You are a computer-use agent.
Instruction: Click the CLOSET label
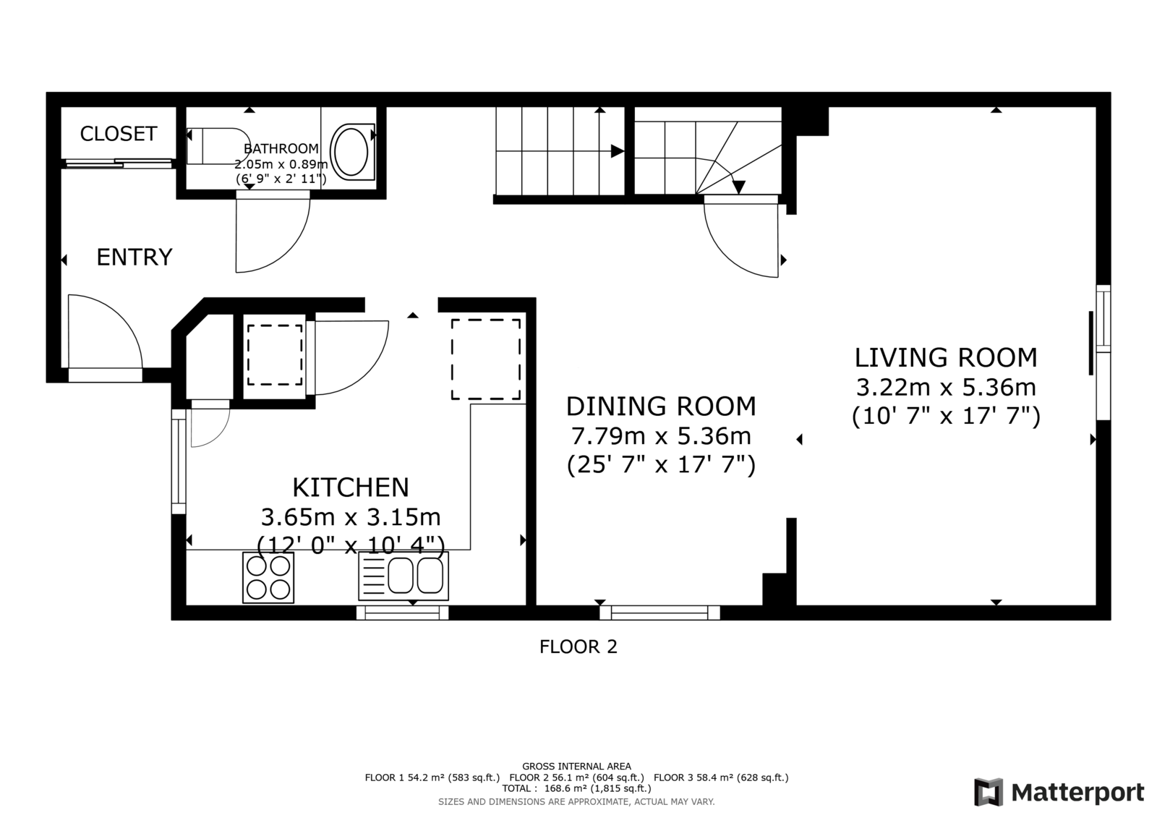coord(119,134)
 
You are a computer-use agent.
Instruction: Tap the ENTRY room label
coord(135,257)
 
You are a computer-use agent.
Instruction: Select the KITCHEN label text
coord(351,487)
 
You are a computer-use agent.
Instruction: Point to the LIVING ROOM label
coord(946,357)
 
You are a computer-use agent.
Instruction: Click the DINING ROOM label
coord(661,406)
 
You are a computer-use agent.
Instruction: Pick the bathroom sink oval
coord(351,152)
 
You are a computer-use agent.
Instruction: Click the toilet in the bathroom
coord(218,145)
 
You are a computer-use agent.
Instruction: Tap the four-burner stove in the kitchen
coord(268,577)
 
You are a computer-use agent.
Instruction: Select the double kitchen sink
coord(404,576)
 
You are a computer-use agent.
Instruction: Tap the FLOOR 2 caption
coord(578,647)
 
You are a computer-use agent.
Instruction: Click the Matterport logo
coord(1059,792)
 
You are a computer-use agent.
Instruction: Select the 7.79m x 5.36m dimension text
coord(661,436)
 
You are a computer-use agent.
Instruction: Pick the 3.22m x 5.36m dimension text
coord(946,388)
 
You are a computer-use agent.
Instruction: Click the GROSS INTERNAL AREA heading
coord(576,767)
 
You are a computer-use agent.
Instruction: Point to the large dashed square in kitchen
coord(486,359)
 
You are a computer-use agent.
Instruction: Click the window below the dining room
coord(659,613)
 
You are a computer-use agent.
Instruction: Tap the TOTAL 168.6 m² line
coord(576,788)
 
